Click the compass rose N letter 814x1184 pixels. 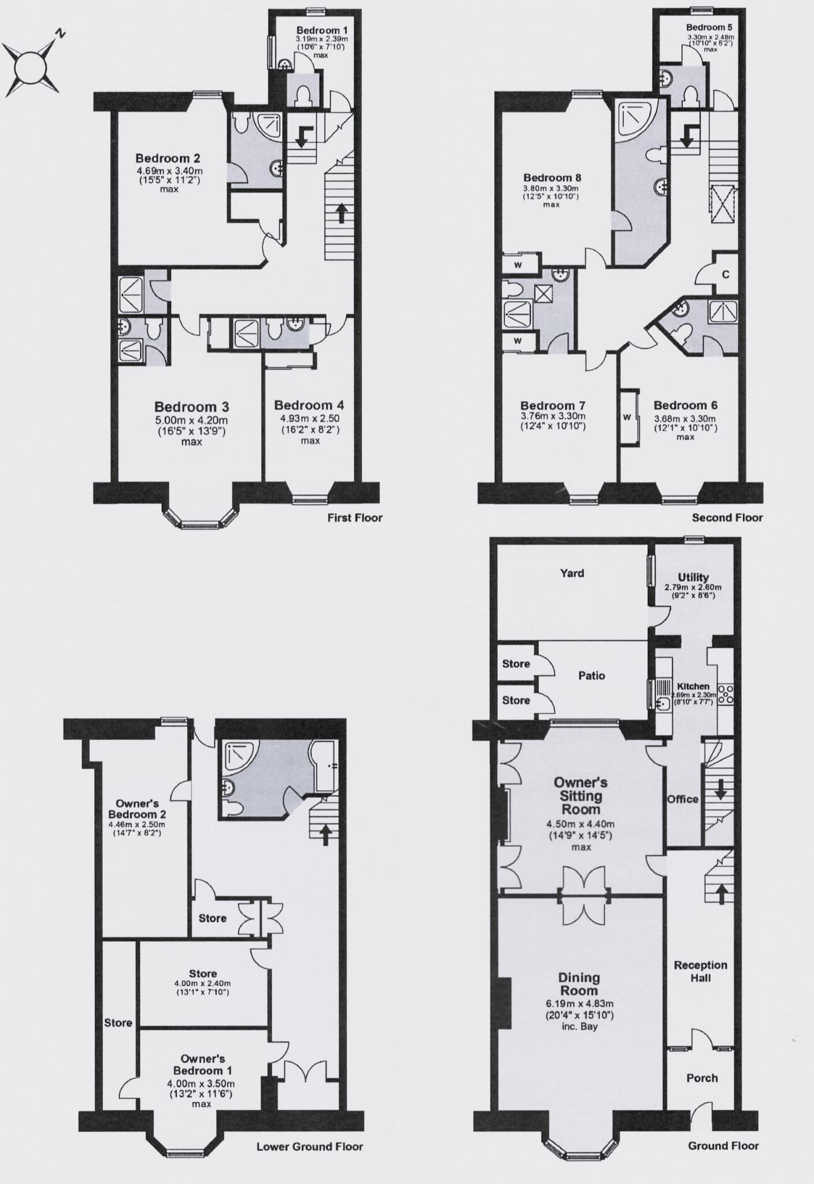60,34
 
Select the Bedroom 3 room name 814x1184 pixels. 191,406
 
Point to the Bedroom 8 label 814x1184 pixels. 552,177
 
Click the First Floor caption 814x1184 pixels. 354,518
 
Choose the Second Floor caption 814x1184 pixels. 727,518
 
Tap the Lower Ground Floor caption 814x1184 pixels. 309,1146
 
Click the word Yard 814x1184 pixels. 572,573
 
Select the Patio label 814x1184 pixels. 591,675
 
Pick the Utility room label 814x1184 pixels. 693,577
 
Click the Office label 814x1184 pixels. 683,799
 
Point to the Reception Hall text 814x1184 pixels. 700,971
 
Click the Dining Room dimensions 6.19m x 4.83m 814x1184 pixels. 578,1004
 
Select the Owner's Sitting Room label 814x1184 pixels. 580,795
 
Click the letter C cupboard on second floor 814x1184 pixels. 726,274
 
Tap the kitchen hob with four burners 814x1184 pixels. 725,693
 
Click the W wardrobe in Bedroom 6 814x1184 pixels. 627,417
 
